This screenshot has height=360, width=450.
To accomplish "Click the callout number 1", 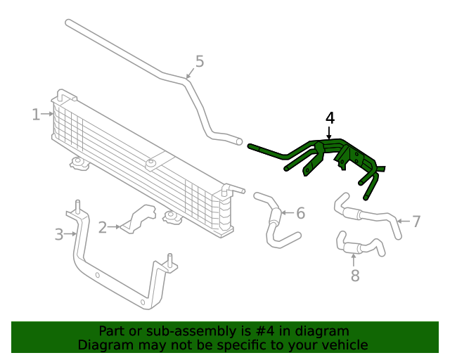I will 35,114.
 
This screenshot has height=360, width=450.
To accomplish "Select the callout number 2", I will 102,226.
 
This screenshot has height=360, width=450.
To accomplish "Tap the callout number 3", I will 59,233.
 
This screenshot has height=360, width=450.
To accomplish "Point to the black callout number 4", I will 330,117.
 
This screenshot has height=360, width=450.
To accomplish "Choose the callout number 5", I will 200,62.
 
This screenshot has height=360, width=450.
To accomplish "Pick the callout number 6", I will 300,212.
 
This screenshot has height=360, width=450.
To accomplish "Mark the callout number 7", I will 416,221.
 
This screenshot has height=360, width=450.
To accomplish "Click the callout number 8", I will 354,275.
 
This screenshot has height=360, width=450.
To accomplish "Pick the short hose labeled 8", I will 359,246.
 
